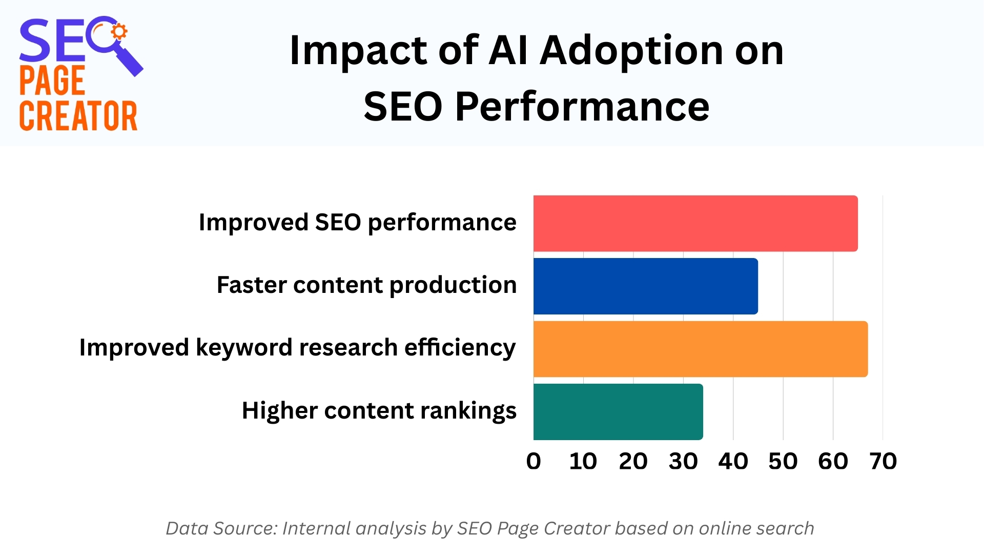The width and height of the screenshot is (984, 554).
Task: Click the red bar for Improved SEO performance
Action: pos(695,223)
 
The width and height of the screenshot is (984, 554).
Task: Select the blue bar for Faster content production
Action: pos(645,286)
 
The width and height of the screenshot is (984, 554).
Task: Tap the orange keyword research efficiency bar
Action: pos(700,349)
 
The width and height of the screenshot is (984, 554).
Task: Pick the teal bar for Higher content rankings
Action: pos(618,411)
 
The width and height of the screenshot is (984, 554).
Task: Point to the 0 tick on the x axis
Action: pos(534,461)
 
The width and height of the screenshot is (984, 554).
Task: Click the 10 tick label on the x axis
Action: pos(583,461)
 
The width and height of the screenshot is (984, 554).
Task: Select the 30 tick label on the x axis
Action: pos(683,461)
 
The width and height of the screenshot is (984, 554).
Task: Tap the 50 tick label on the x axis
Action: pos(783,461)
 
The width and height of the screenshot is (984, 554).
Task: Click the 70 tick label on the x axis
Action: pos(883,461)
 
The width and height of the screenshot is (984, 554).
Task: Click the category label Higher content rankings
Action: pos(379,410)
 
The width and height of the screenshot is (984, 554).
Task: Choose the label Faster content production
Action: pos(366,285)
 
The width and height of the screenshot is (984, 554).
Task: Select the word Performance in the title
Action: pos(582,107)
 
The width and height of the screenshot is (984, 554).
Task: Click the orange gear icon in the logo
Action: pos(119,32)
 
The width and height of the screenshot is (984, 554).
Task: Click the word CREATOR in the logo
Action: pos(78,116)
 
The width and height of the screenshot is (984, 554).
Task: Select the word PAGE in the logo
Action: pos(52,81)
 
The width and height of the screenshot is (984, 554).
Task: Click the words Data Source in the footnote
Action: pos(221,528)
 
